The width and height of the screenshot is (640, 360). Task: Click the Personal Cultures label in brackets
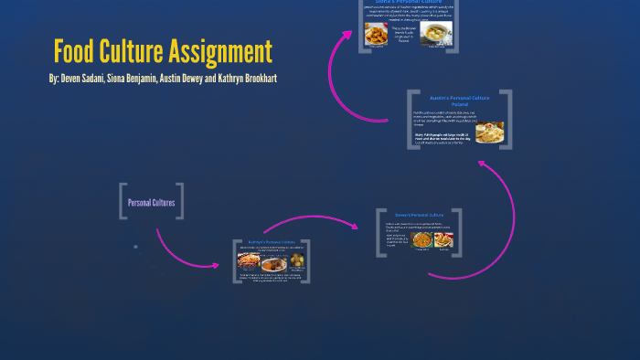pyautogui.click(x=151, y=202)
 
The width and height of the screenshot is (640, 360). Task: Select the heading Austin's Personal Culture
pyautogui.click(x=460, y=98)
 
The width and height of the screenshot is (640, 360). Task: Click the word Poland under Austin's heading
pyautogui.click(x=460, y=104)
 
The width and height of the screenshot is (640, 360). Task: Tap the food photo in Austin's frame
pyautogui.click(x=489, y=133)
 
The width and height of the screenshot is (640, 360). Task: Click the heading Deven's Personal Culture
pyautogui.click(x=419, y=215)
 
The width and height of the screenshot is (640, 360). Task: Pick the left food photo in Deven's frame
pyautogui.click(x=422, y=240)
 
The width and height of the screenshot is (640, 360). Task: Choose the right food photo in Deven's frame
pyautogui.click(x=444, y=240)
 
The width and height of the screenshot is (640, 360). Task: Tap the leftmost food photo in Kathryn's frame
pyautogui.click(x=249, y=260)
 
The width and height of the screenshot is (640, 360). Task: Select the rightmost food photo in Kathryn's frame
pyautogui.click(x=296, y=260)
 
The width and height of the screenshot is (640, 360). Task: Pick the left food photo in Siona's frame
pyautogui.click(x=376, y=35)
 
